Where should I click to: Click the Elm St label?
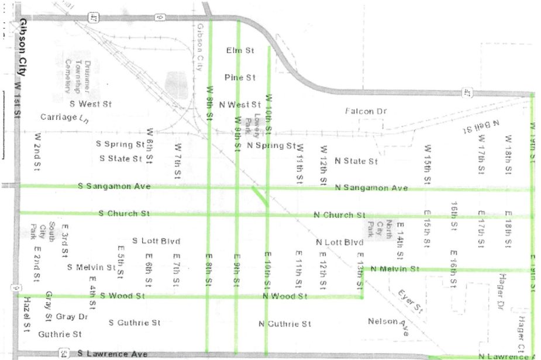click(240, 51)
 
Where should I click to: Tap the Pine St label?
click(240, 77)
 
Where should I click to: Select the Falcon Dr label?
click(366, 111)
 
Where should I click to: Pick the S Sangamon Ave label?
click(115, 186)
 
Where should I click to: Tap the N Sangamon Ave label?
click(371, 188)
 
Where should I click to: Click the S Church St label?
click(124, 213)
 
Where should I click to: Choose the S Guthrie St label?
click(135, 323)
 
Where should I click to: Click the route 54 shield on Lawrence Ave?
click(63, 354)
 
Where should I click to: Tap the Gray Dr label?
click(72, 317)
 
